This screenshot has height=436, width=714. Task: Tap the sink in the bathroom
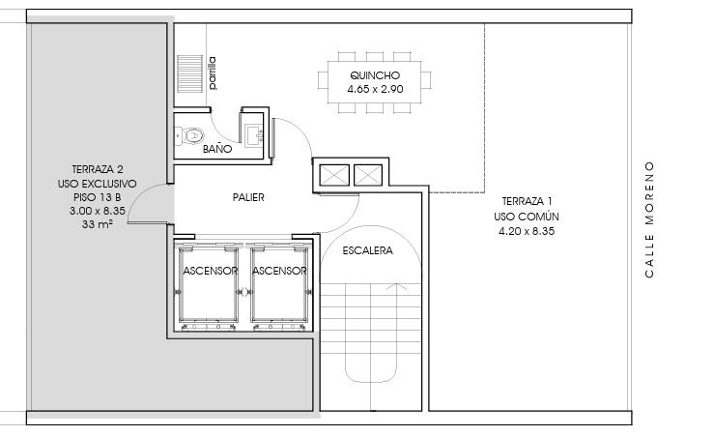254,135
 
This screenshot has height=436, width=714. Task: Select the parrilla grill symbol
190,73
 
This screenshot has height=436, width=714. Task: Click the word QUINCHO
375,75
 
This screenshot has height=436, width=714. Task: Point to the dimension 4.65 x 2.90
375,89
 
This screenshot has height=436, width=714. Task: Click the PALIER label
248,197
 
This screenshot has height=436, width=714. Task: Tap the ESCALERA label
367,250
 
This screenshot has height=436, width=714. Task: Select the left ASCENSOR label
210,271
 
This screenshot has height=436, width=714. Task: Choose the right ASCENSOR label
279,271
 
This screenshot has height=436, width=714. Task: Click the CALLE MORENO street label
649,219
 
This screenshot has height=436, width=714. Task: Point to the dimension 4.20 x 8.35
527,231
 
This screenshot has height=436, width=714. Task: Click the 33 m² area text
98,224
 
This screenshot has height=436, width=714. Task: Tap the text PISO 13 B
97,197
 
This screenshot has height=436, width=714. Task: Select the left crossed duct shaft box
334,175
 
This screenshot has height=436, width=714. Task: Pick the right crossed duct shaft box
368,175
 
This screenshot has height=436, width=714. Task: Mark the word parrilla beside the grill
213,73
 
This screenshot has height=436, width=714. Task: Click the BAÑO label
217,149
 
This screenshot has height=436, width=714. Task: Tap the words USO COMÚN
527,217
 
